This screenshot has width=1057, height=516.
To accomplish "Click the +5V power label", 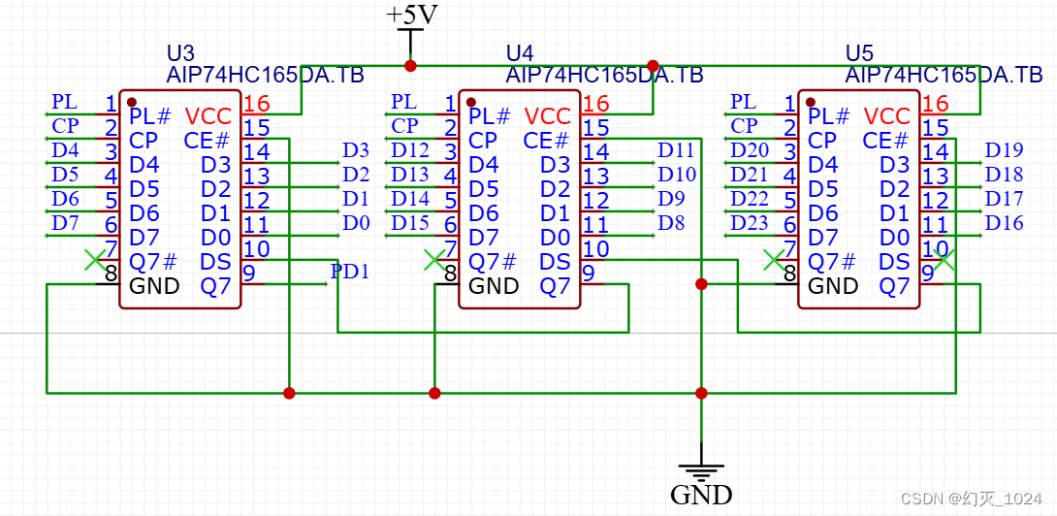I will pyautogui.click(x=411, y=16).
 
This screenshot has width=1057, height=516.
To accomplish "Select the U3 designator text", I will pyautogui.click(x=181, y=52).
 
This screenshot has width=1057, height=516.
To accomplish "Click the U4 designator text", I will pyautogui.click(x=520, y=52).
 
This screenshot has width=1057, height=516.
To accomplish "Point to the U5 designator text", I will pyautogui.click(x=859, y=52).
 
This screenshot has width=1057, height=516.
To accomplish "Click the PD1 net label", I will pyautogui.click(x=350, y=272).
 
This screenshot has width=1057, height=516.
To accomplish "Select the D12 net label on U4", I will pyautogui.click(x=410, y=150).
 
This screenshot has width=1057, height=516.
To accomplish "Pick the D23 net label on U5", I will pyautogui.click(x=750, y=223).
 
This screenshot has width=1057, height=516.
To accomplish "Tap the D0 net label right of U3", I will pyautogui.click(x=356, y=223).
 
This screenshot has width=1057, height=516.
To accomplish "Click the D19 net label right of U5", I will pyautogui.click(x=1004, y=150).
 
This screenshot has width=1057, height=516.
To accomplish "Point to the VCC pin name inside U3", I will pyautogui.click(x=208, y=116).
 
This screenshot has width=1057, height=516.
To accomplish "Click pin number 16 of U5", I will pyautogui.click(x=936, y=104).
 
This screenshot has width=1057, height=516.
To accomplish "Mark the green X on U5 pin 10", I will pyautogui.click(x=945, y=259).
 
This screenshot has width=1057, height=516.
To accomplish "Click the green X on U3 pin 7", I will pyautogui.click(x=94, y=259).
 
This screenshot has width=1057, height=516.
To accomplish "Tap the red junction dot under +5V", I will pyautogui.click(x=410, y=66).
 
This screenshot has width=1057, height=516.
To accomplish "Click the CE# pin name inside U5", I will pyautogui.click(x=885, y=141).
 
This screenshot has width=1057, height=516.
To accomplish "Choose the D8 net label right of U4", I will pyautogui.click(x=671, y=223).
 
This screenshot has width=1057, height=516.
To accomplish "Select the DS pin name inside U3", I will pyautogui.click(x=215, y=262).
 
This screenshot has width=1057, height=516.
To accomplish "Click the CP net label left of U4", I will pyautogui.click(x=404, y=126).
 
